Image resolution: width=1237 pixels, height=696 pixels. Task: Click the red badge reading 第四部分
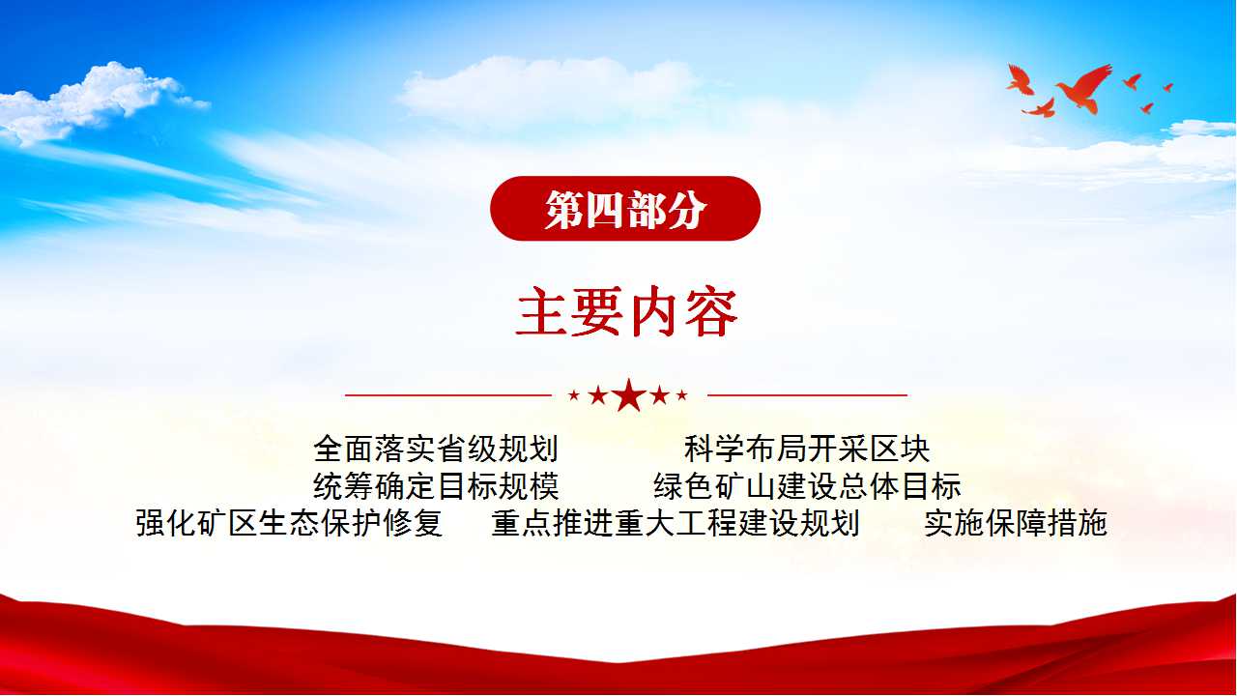(x=625, y=208)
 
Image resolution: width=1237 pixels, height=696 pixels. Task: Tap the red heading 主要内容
(x=627, y=312)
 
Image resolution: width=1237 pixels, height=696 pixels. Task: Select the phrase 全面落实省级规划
(x=436, y=449)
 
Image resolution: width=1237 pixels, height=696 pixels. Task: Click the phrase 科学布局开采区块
(x=807, y=449)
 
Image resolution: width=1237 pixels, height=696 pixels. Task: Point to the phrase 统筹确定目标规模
(x=436, y=486)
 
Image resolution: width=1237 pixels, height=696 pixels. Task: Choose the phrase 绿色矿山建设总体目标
(x=807, y=486)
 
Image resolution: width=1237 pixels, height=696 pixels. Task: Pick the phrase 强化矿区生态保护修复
(x=289, y=523)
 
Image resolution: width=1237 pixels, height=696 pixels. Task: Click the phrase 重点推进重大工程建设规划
(x=676, y=523)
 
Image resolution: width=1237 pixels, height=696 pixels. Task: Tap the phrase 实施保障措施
(x=1016, y=523)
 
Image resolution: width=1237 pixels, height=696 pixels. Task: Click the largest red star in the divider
(x=629, y=395)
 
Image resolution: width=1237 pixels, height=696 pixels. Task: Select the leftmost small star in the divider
(x=574, y=395)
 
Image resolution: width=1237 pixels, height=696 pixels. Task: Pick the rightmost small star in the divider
(x=682, y=395)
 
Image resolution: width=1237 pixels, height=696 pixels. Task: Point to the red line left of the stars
(x=448, y=395)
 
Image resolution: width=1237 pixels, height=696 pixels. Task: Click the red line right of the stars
(x=807, y=395)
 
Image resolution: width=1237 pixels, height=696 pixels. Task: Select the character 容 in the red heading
(x=711, y=312)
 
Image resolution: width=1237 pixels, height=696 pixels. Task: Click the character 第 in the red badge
(x=564, y=210)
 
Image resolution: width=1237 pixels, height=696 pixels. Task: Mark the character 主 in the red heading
(x=542, y=312)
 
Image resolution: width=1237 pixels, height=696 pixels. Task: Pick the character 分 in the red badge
(x=687, y=210)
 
